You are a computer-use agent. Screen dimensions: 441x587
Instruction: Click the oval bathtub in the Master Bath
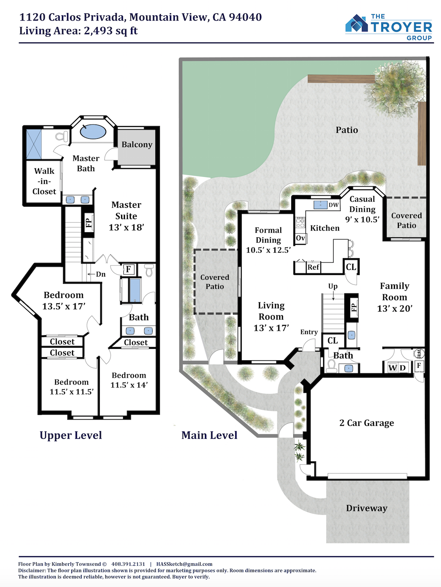pyautogui.click(x=93, y=132)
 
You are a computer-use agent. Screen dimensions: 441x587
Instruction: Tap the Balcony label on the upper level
pyautogui.click(x=137, y=145)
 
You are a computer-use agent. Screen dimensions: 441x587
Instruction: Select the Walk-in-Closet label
pyautogui.click(x=44, y=181)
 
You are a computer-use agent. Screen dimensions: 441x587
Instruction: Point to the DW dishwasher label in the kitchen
pyautogui.click(x=333, y=205)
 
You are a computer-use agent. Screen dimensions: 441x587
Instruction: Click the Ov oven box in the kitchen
pyautogui.click(x=301, y=238)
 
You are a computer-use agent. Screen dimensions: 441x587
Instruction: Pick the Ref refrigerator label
pyautogui.click(x=313, y=267)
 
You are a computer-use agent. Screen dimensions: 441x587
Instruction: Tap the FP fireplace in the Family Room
pyautogui.click(x=354, y=307)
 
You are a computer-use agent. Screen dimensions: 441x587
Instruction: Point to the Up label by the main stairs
pyautogui.click(x=333, y=286)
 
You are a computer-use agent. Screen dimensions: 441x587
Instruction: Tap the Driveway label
pyautogui.click(x=367, y=508)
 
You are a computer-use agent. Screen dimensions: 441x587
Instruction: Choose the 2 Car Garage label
pyautogui.click(x=367, y=423)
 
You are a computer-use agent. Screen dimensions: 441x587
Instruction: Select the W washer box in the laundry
pyautogui.click(x=393, y=368)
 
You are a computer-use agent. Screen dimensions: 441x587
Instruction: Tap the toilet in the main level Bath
pyautogui.click(x=331, y=365)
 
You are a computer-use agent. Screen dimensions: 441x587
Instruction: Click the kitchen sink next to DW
pyautogui.click(x=320, y=205)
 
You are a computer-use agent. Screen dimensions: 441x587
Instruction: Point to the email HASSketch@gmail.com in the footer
pyautogui.click(x=184, y=564)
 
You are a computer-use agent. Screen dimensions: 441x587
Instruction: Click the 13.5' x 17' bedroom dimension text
pyautogui.click(x=64, y=306)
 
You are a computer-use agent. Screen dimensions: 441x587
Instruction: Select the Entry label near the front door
pyautogui.click(x=309, y=332)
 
